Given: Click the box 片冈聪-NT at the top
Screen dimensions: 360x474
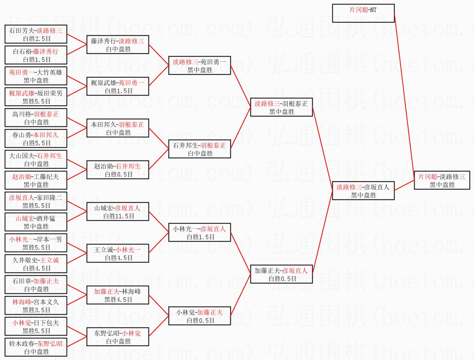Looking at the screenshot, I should (x=363, y=13).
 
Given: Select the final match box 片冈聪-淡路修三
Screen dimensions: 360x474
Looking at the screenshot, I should (x=441, y=181).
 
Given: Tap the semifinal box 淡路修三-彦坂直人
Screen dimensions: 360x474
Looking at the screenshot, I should (x=364, y=191).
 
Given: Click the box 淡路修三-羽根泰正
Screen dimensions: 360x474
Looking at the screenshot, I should (x=281, y=107).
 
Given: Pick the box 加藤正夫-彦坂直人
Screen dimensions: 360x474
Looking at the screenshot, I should (x=281, y=274).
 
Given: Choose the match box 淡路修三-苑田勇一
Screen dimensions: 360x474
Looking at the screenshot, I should (x=199, y=65).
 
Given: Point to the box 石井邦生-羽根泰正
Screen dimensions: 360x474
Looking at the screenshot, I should (x=199, y=149).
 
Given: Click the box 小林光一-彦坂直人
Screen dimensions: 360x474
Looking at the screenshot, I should (x=199, y=232).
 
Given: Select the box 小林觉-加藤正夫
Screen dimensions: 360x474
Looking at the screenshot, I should (x=199, y=316).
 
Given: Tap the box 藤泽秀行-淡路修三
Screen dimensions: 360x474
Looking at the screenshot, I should (x=118, y=45).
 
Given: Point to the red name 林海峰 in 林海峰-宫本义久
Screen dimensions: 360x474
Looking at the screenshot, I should (x=22, y=302).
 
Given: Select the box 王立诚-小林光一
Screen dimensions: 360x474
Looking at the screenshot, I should (x=118, y=253).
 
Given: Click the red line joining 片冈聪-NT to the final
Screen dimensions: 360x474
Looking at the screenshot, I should (x=405, y=92).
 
